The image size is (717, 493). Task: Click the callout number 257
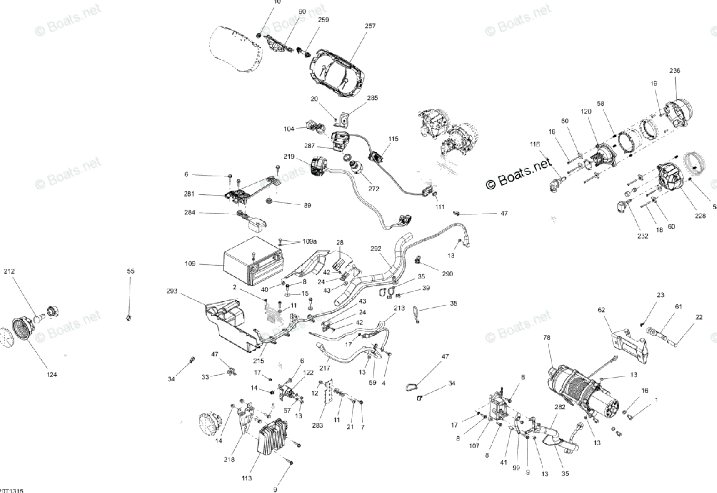[370, 26]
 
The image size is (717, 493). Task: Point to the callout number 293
[173, 292]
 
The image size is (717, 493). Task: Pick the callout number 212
[10, 271]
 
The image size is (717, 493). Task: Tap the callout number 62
[601, 310]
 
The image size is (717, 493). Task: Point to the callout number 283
[317, 425]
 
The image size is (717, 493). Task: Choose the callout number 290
[448, 274]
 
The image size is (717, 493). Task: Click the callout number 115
[393, 139]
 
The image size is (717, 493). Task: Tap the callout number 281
[190, 194]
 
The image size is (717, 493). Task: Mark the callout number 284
[190, 212]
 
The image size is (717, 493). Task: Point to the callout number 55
[131, 271]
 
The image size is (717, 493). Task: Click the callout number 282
[559, 406]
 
